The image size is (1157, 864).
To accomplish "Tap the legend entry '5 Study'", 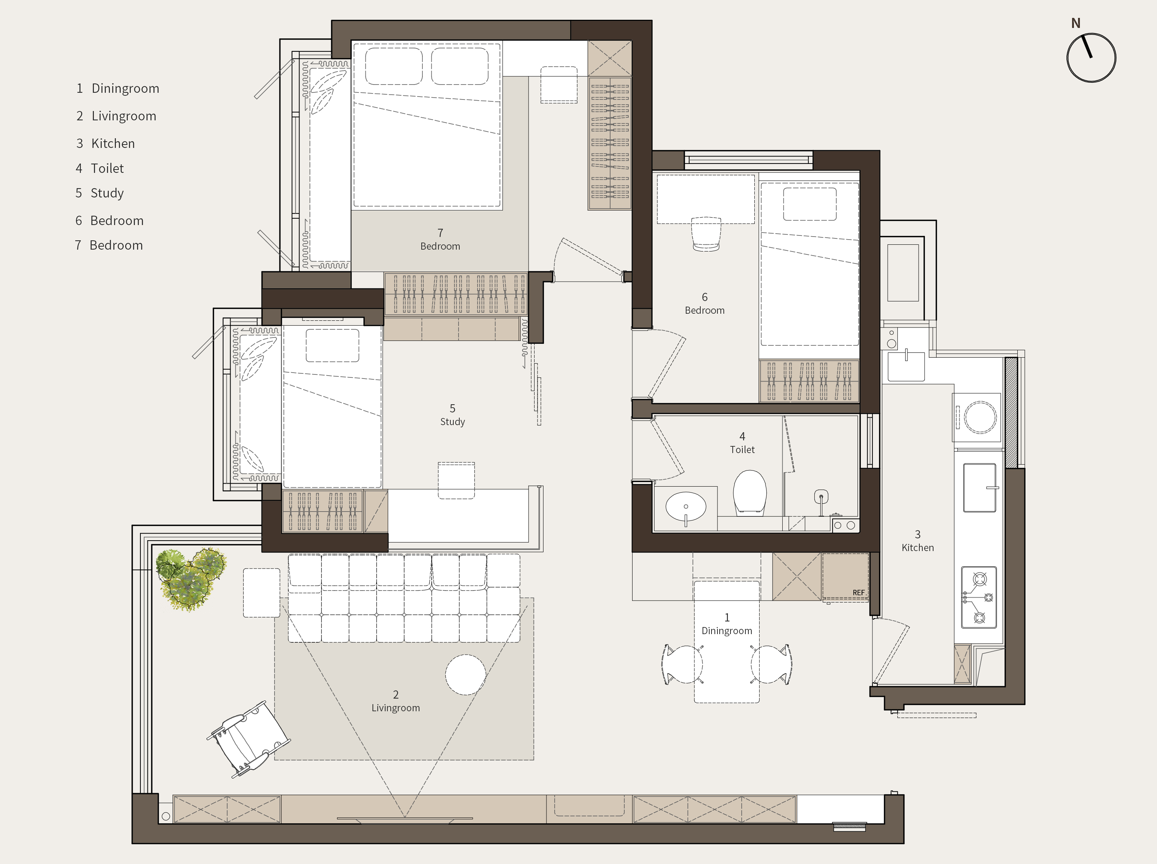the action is (x=99, y=193).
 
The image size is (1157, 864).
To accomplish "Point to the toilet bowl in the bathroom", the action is (x=750, y=492).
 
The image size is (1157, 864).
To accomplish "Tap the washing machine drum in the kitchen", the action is (x=980, y=417).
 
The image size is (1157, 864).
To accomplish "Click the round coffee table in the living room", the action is (x=465, y=675).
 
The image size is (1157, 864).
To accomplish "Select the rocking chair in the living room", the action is (x=248, y=738).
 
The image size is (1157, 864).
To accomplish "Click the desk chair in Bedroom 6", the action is (x=706, y=234).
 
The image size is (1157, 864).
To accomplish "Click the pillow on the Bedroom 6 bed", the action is (x=809, y=204).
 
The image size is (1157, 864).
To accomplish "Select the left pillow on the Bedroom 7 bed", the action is (x=394, y=66).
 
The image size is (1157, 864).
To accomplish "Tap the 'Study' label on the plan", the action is (x=452, y=421).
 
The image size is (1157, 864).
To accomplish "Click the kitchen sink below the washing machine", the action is (x=979, y=487).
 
